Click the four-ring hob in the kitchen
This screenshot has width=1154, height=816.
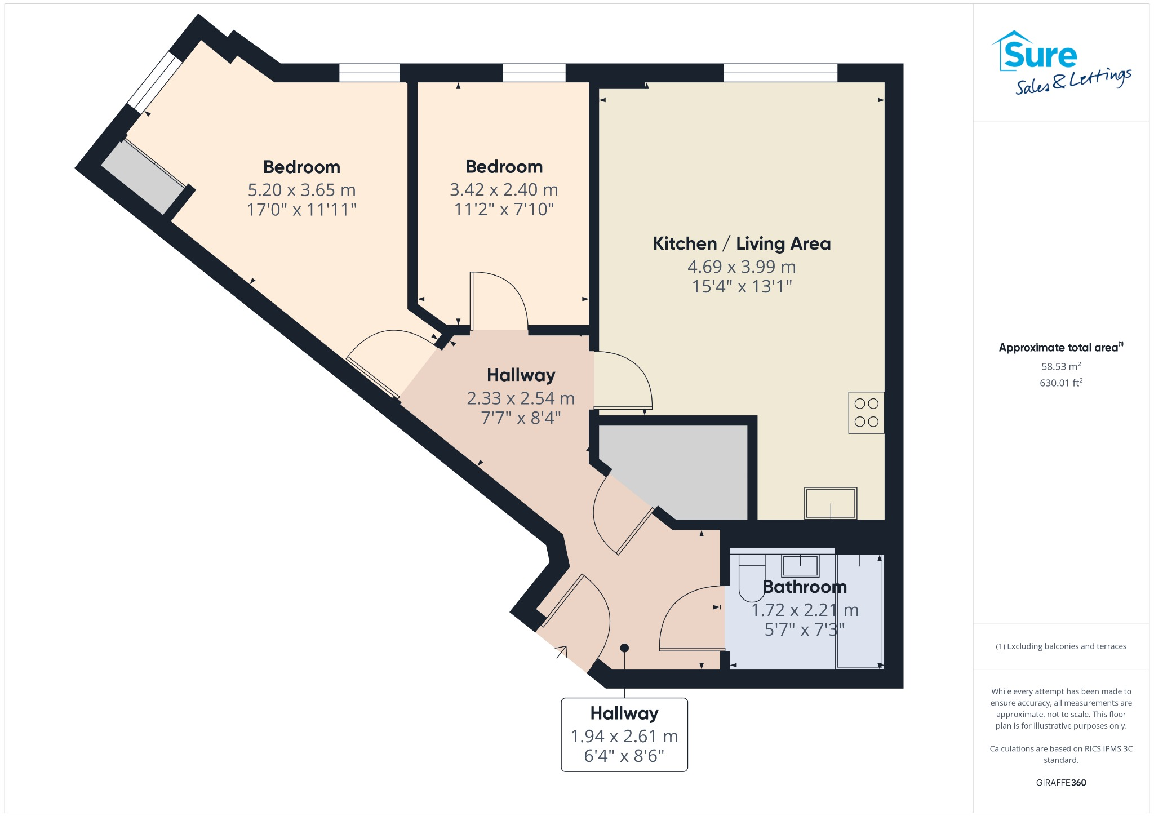(866, 413)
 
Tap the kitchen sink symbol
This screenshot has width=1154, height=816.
(831, 503)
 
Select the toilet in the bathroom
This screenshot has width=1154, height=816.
(752, 578)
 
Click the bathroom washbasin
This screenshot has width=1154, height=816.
(800, 564)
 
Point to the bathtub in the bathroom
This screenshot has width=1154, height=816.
(859, 611)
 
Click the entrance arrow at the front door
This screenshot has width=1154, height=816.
(562, 652)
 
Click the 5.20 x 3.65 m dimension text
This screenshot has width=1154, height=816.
(301, 190)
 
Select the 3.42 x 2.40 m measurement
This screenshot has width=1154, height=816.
(503, 190)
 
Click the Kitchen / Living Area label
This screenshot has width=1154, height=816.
(742, 243)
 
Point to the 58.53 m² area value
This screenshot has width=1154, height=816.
(1060, 366)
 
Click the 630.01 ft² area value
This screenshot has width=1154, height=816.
(1060, 383)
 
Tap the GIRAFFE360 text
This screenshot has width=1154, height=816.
(1060, 782)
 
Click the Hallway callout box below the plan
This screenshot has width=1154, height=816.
(624, 734)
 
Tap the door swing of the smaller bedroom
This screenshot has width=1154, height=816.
(501, 299)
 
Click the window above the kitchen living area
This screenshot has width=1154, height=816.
(780, 73)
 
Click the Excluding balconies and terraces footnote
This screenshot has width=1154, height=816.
(1060, 646)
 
